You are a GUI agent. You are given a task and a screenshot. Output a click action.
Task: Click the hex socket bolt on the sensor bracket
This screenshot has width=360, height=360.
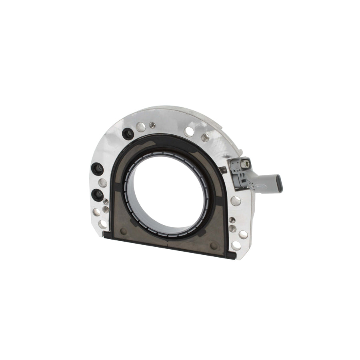point(244,164)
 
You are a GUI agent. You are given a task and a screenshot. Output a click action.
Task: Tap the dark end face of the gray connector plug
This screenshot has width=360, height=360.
point(280,186)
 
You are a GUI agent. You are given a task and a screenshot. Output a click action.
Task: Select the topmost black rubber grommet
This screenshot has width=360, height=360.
point(128,134)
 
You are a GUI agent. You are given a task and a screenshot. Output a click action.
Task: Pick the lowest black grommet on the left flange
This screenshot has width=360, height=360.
point(98,195)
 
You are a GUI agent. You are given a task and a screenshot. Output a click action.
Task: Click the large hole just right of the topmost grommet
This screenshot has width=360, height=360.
point(140,127)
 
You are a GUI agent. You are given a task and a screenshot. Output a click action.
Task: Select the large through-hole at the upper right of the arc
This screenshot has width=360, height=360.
point(189,131)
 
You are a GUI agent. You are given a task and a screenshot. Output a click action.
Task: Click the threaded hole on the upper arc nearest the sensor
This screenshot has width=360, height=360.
point(205,138)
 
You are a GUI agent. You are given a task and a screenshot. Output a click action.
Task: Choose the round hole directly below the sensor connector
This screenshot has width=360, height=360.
point(236,201)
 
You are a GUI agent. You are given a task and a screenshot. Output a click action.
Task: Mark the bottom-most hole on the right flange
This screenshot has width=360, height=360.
point(236,245)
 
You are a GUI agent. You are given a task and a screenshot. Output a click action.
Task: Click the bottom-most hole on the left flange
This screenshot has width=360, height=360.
point(103,224)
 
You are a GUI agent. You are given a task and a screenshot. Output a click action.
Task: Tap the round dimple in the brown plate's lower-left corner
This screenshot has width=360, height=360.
point(123,231)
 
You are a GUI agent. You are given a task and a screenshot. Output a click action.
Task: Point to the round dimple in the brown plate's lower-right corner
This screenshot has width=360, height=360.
point(214,246)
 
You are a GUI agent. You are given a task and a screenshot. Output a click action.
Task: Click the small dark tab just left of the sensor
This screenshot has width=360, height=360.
point(223,170)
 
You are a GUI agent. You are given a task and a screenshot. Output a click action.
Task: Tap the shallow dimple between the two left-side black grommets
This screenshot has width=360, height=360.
point(102,182)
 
